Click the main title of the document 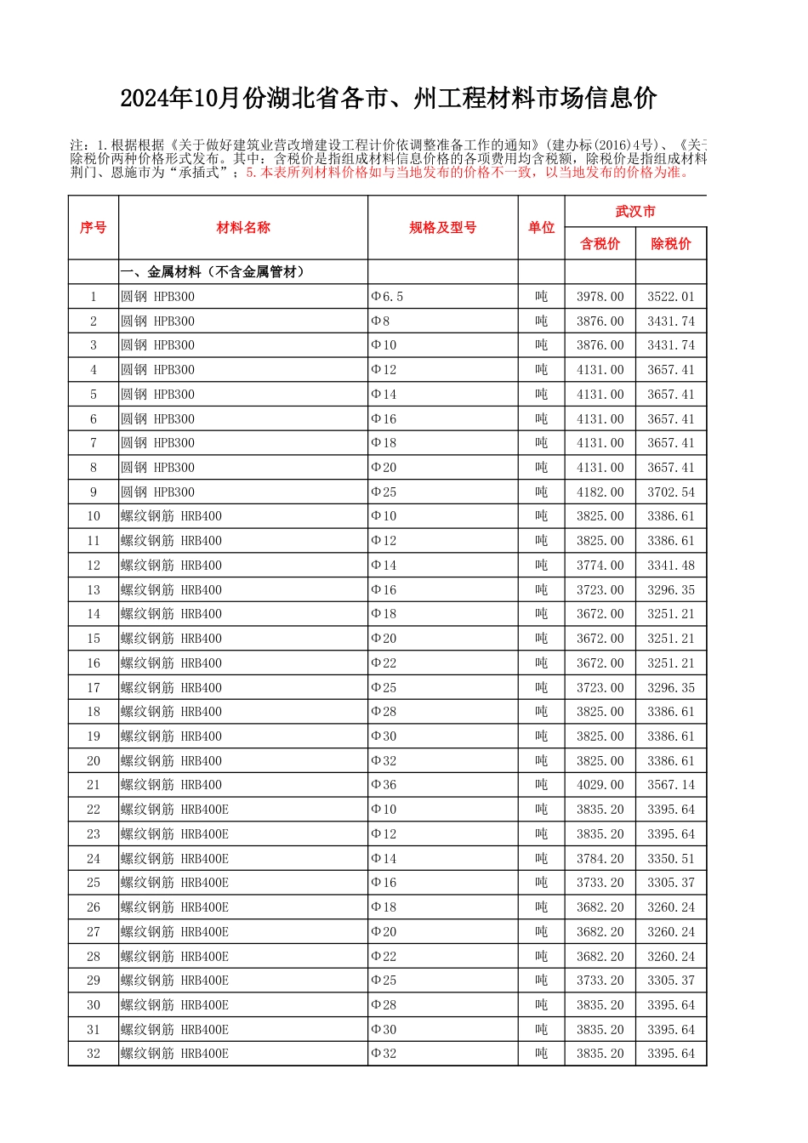[x=388, y=99]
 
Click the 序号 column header [x=94, y=227]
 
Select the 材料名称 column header [x=243, y=227]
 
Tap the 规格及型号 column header [x=442, y=227]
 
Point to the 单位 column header [x=541, y=227]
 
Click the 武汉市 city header [x=635, y=212]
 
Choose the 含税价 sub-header [x=600, y=244]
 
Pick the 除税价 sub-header [x=670, y=244]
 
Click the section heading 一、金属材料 [x=213, y=272]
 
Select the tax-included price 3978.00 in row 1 [x=600, y=297]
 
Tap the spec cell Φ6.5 [x=388, y=297]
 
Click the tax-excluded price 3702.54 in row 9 [x=670, y=492]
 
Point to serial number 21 [x=94, y=785]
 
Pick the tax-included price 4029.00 [x=600, y=785]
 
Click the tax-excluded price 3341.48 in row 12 [x=670, y=566]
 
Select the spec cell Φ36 [x=384, y=785]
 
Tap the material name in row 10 [x=172, y=516]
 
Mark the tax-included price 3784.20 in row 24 [x=600, y=859]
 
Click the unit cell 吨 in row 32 [x=541, y=1054]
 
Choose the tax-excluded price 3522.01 [x=670, y=297]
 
